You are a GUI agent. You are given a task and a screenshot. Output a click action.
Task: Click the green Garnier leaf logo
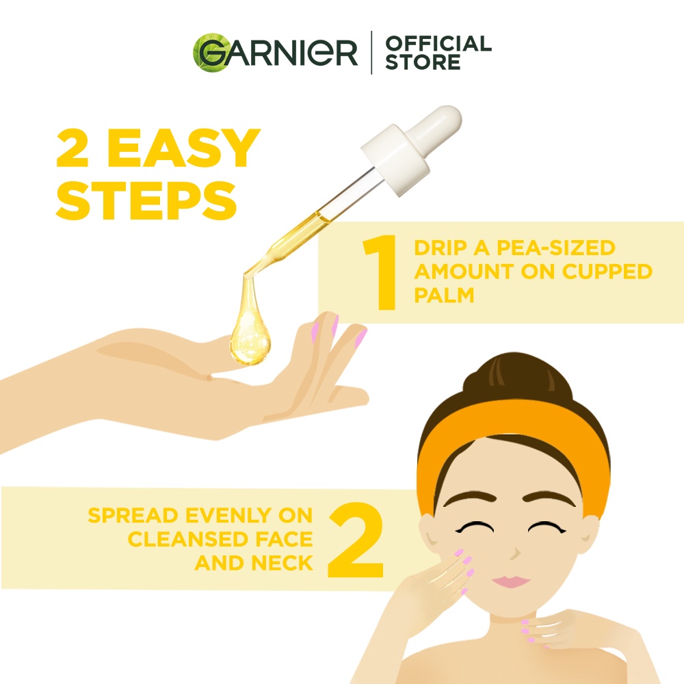coord(209,53)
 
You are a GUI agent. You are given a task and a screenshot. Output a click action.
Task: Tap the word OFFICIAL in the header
coord(438,43)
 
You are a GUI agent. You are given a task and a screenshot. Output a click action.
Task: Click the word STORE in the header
coord(422,62)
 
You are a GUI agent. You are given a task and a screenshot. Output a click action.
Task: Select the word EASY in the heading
coord(183,148)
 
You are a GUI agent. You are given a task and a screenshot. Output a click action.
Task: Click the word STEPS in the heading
coord(146,201)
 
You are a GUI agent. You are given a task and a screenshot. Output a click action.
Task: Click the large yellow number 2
coord(356,540)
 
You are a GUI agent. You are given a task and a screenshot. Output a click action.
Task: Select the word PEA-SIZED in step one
coord(555,248)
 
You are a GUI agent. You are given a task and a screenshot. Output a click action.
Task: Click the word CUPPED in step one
coord(607,272)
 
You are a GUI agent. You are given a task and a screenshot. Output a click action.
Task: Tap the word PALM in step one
coord(444,295)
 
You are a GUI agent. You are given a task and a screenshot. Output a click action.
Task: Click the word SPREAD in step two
coord(133,515)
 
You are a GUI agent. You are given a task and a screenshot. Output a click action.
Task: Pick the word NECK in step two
coord(282,563)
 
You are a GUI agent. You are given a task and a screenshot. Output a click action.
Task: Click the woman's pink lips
coord(511,581)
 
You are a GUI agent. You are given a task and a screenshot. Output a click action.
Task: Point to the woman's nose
coord(515,552)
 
